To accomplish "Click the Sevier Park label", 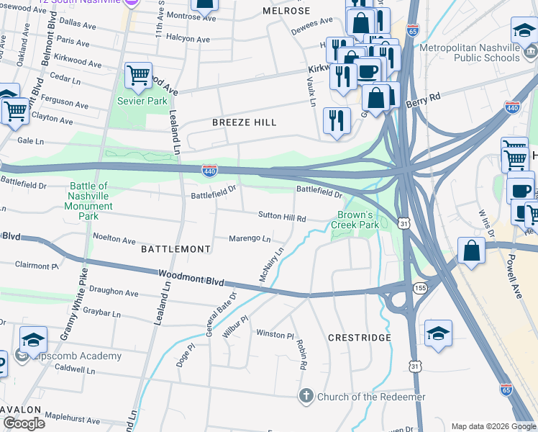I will click(x=142, y=101).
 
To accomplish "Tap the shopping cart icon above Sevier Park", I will click(x=138, y=75).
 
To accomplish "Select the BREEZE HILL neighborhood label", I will click(x=245, y=122).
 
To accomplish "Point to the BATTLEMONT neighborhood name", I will click(x=175, y=248).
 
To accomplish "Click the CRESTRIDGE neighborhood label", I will click(x=360, y=338).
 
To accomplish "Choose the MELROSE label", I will click(x=286, y=11).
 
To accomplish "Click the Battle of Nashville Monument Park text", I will click(x=91, y=201).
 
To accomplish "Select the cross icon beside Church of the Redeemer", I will click(x=306, y=397).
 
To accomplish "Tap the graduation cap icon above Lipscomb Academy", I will click(x=33, y=339).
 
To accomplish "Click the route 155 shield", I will click(x=419, y=288).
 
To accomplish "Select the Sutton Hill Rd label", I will click(x=283, y=217).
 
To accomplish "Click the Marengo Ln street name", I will click(x=250, y=239).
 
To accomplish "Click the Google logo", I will click(x=24, y=423).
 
